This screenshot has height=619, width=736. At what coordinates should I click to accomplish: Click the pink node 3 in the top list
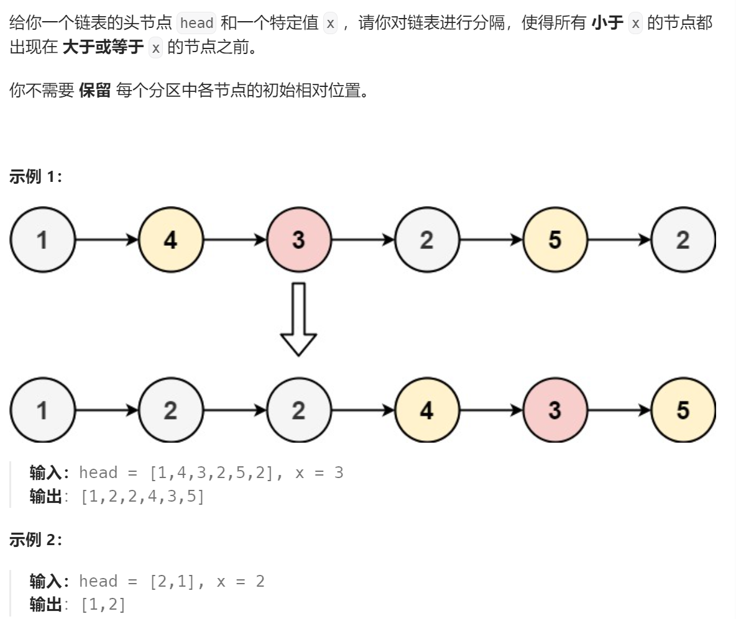(298, 240)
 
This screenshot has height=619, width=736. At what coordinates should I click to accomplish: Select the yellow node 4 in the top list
(170, 240)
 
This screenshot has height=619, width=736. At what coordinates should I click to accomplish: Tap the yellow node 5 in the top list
(554, 240)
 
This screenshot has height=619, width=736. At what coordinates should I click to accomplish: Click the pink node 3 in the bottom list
(554, 410)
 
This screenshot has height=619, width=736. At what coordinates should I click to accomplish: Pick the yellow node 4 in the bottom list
(426, 410)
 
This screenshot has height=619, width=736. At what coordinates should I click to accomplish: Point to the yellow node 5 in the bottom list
(683, 410)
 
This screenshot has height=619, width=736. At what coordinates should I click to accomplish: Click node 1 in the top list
(42, 240)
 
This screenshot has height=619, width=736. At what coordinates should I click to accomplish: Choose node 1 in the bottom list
(42, 410)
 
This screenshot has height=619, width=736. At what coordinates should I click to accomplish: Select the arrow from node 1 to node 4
(106, 240)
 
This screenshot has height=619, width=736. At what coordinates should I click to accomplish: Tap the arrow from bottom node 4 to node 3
(490, 410)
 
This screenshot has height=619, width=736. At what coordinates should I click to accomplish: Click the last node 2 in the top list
(683, 240)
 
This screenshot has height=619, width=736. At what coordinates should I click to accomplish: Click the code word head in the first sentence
(196, 24)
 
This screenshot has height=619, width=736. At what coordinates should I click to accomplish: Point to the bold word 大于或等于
(103, 48)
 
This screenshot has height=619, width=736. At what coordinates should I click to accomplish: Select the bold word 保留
(95, 91)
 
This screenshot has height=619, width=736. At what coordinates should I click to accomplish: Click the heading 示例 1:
(36, 177)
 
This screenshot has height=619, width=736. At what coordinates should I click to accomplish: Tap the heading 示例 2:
(36, 540)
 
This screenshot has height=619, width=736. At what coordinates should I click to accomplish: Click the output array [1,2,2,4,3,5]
(142, 497)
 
